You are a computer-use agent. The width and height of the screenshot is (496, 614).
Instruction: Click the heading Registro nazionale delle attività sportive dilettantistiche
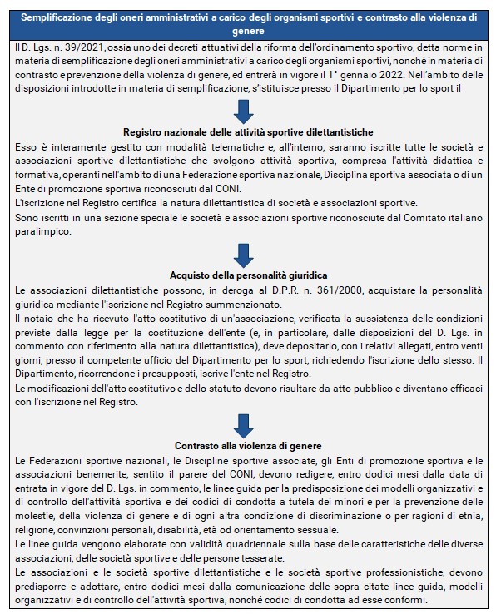point(247,132)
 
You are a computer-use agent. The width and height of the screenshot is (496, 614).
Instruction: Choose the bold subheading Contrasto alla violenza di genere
point(247,446)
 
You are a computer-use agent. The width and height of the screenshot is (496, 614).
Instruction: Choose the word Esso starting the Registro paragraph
point(27,146)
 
